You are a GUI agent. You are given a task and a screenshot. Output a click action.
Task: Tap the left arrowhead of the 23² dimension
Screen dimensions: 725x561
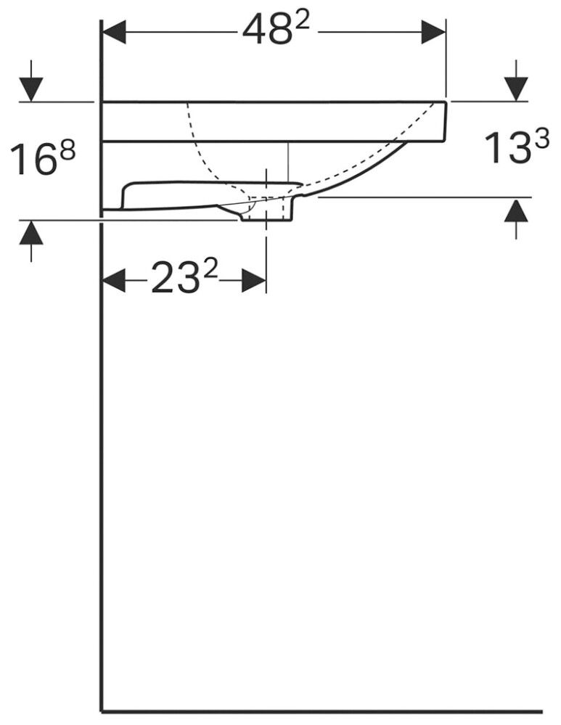113,280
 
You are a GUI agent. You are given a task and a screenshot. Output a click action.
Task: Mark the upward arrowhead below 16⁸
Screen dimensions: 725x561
31,232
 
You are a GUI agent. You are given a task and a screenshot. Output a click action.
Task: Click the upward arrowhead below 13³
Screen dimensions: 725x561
516,211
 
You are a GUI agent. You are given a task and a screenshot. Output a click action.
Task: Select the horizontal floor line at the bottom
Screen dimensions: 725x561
319,711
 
